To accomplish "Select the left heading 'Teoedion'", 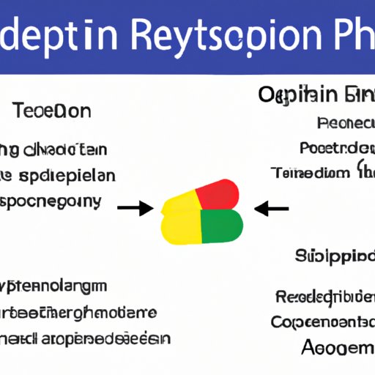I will point(51,111).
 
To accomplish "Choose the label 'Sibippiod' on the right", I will point(334,256).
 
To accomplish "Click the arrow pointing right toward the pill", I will point(135,209).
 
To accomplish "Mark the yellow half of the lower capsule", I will point(179,227).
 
